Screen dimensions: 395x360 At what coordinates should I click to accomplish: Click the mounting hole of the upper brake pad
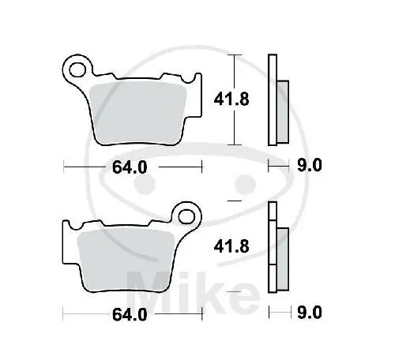(77, 69)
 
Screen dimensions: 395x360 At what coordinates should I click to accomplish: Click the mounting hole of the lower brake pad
(186, 217)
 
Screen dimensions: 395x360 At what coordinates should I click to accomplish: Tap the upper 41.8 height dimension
(231, 99)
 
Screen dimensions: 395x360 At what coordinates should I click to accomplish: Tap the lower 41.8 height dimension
(231, 247)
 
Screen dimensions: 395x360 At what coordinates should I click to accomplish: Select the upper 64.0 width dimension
(130, 167)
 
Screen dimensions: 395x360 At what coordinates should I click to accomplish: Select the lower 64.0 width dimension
(130, 314)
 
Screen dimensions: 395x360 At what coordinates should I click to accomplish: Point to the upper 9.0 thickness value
(310, 166)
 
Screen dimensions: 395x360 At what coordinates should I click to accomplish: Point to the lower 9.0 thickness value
(310, 313)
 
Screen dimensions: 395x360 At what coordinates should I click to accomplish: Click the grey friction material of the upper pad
(137, 114)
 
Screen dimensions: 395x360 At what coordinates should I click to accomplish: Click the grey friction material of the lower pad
(126, 261)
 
